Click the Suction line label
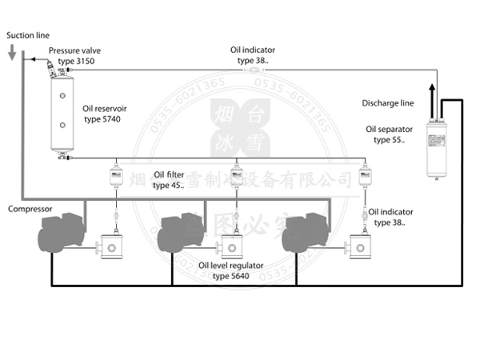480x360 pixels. click(27, 36)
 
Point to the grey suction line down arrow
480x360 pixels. click(12, 53)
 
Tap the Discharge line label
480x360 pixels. click(387, 102)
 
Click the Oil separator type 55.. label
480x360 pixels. click(390, 134)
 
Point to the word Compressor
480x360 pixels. click(30, 210)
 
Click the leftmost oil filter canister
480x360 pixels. click(112, 176)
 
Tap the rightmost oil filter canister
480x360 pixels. click(365, 176)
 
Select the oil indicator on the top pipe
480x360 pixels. click(254, 70)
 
